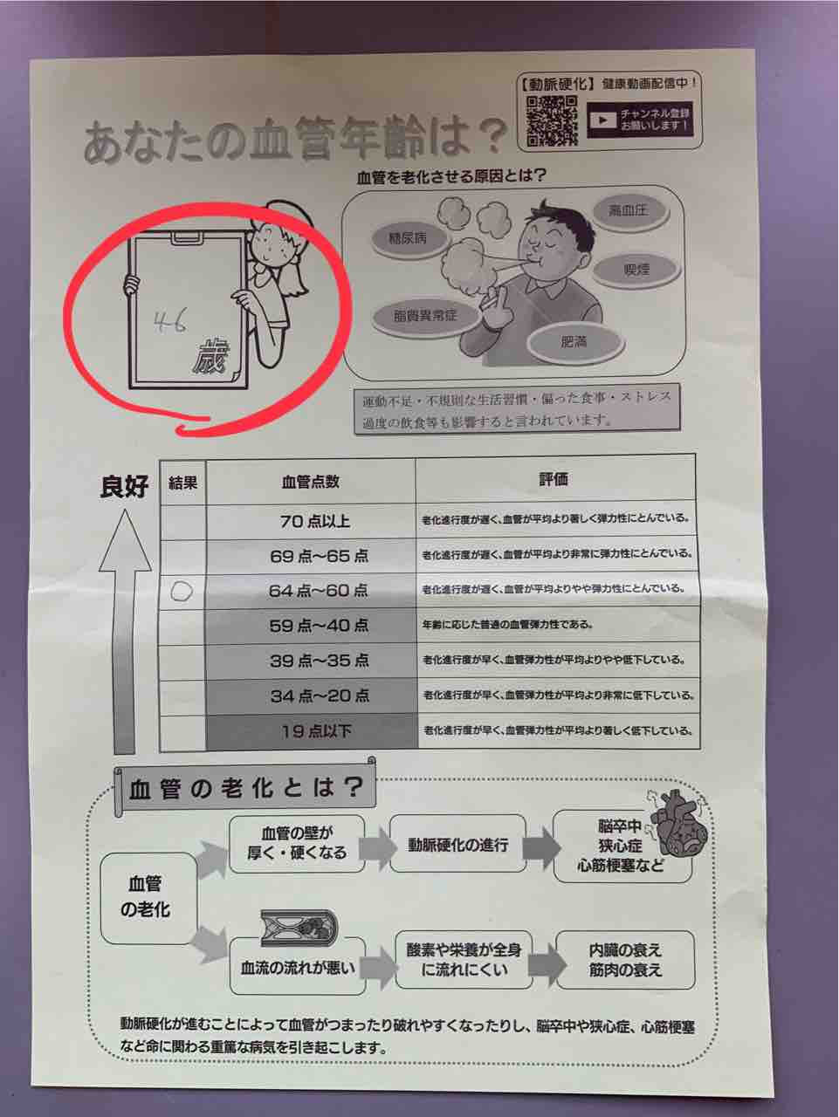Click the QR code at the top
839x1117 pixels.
(552, 120)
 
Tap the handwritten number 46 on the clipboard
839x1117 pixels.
(170, 322)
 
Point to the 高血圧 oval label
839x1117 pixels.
(629, 210)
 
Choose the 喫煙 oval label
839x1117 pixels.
(636, 269)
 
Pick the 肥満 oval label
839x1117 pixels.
(574, 342)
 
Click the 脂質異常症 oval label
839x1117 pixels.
(425, 317)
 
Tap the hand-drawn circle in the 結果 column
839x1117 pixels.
(182, 592)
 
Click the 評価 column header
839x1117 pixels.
(554, 479)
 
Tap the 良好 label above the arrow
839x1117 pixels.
(124, 486)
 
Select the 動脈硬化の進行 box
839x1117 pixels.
(457, 846)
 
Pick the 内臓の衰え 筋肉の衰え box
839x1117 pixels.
(626, 960)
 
